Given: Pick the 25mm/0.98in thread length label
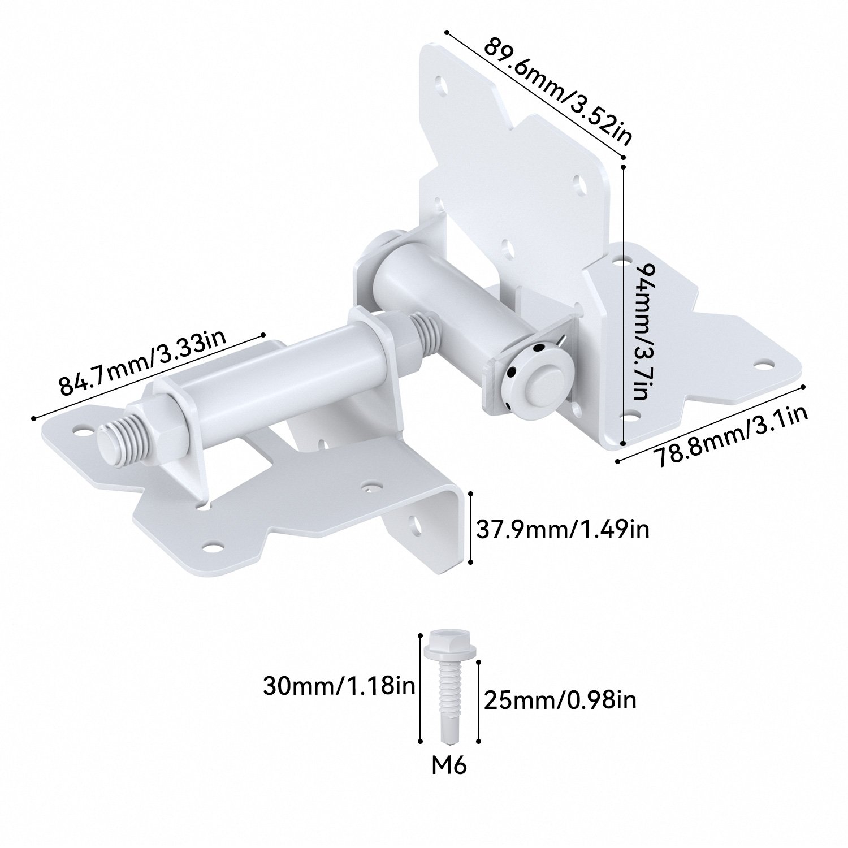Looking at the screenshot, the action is click(560, 700).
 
